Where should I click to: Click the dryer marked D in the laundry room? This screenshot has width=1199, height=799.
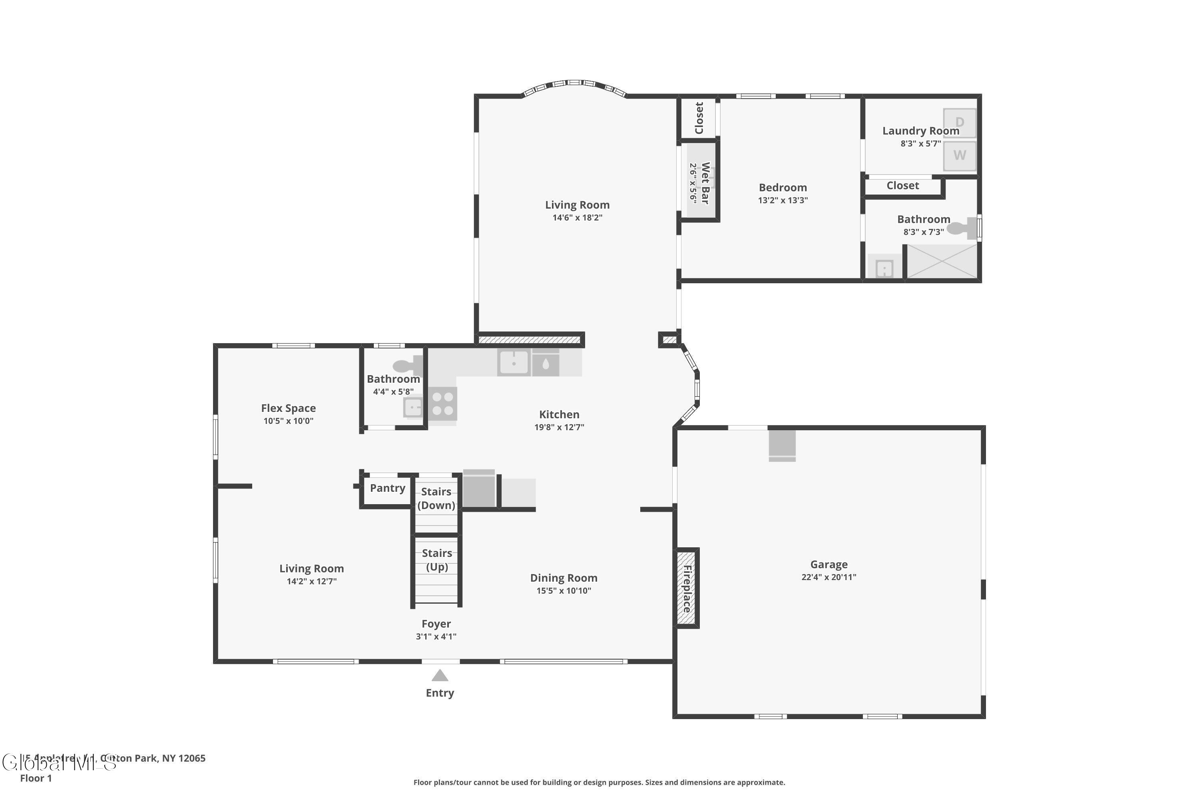pos(960,122)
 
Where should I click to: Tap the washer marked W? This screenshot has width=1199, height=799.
pos(960,155)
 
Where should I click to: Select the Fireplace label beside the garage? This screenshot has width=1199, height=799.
pos(687,588)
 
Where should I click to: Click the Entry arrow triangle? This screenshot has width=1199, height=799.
pos(440,676)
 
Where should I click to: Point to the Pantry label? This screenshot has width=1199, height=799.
pos(387,488)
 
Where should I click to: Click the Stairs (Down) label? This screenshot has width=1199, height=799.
pos(436,498)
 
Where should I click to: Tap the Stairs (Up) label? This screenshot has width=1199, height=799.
pos(437,560)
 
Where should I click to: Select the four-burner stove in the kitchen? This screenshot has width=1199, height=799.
pos(442,403)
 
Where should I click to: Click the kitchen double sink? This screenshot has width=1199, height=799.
pos(529,363)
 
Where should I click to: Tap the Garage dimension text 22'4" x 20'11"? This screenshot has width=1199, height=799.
pos(829,577)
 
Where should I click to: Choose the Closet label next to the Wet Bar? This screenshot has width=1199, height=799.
pos(699,118)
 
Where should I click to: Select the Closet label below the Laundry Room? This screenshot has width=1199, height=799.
pos(902,185)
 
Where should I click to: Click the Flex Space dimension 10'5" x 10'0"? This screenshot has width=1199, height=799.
pos(289,421)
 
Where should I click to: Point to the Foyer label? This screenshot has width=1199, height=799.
pos(436,624)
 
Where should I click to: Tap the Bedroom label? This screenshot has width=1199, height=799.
pos(783,187)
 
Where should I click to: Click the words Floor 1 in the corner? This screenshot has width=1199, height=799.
pos(36,778)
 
